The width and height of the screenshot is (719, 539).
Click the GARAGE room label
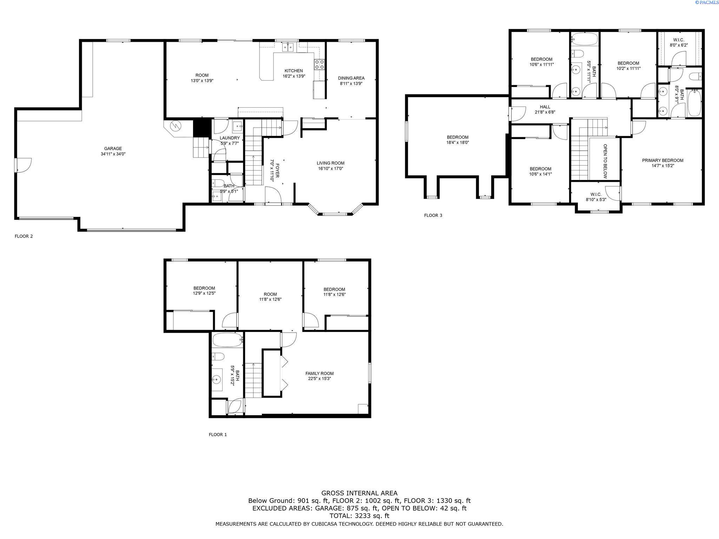click(x=113, y=148)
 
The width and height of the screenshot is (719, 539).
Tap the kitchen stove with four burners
click(x=319, y=64)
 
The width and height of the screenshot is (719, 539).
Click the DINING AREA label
click(x=351, y=78)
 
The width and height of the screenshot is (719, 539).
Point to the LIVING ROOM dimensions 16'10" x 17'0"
click(x=330, y=168)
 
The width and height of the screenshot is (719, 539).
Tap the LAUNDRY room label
click(x=230, y=138)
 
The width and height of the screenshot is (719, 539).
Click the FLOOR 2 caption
click(x=24, y=236)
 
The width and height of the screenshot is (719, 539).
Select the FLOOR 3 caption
click(x=433, y=215)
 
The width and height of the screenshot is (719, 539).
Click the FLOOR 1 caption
click(x=218, y=434)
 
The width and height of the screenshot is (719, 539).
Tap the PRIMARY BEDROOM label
click(x=662, y=160)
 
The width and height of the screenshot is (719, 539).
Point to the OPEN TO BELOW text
click(x=605, y=161)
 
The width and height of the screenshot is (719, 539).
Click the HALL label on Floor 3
click(x=545, y=107)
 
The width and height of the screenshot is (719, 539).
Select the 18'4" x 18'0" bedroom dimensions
click(x=457, y=142)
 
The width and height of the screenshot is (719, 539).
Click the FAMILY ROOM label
click(x=319, y=373)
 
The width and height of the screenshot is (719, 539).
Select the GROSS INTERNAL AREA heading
click(x=359, y=493)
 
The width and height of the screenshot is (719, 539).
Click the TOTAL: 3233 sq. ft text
click(x=359, y=516)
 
